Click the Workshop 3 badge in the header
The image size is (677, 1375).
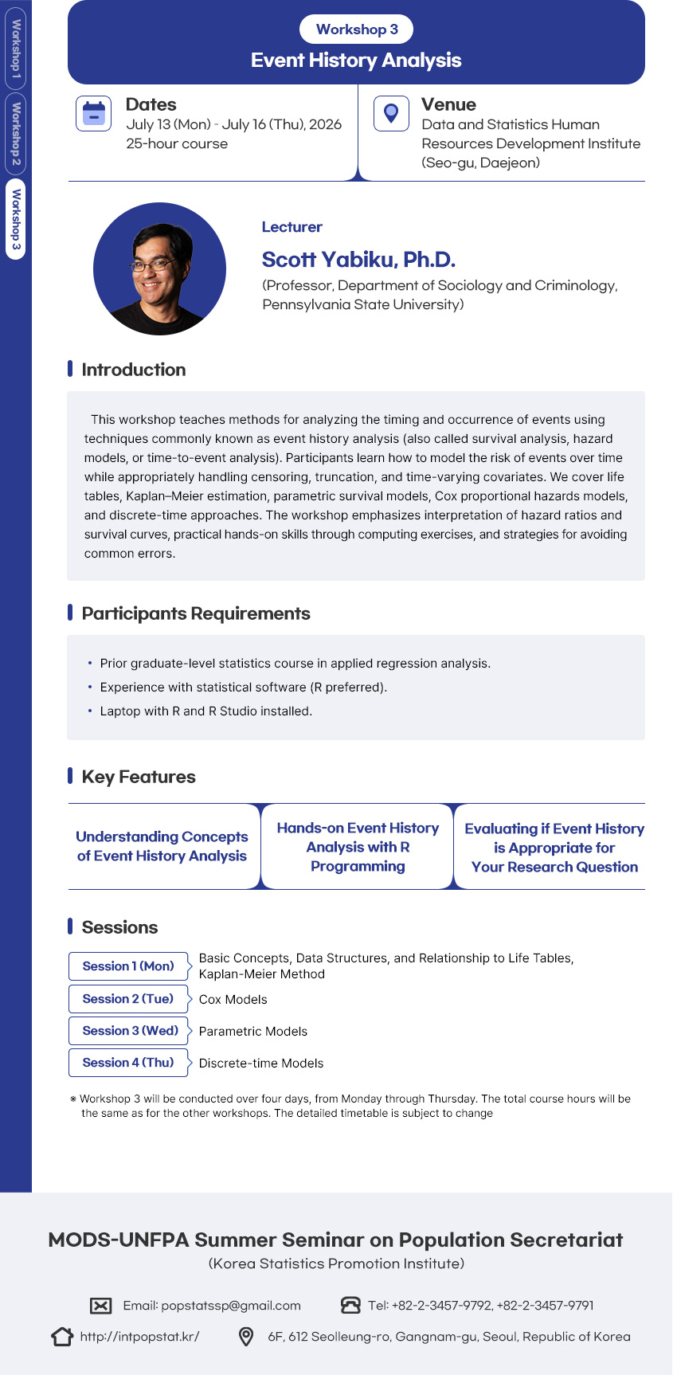(x=357, y=29)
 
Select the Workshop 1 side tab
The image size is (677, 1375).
(x=16, y=48)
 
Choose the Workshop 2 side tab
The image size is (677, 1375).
(x=16, y=134)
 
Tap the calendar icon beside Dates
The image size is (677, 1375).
(x=94, y=113)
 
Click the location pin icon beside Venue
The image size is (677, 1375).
(x=391, y=113)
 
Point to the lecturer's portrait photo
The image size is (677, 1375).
(x=159, y=268)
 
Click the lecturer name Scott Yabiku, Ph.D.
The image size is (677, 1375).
(x=358, y=260)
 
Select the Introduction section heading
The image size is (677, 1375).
(x=133, y=370)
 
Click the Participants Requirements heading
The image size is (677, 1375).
(x=195, y=613)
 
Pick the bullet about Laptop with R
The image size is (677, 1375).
(x=205, y=711)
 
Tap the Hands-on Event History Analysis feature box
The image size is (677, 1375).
(x=358, y=847)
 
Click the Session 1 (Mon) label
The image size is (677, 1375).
(x=128, y=966)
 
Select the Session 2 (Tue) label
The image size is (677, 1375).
(x=128, y=999)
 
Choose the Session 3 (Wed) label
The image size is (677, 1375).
(x=130, y=1031)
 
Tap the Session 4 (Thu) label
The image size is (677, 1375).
(x=128, y=1063)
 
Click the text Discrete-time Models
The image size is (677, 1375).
(x=261, y=1064)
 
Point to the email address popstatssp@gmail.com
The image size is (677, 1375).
(x=230, y=1306)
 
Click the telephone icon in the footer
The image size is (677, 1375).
(x=350, y=1305)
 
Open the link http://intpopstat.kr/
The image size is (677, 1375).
(x=139, y=1337)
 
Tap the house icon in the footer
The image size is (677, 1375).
(x=62, y=1337)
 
